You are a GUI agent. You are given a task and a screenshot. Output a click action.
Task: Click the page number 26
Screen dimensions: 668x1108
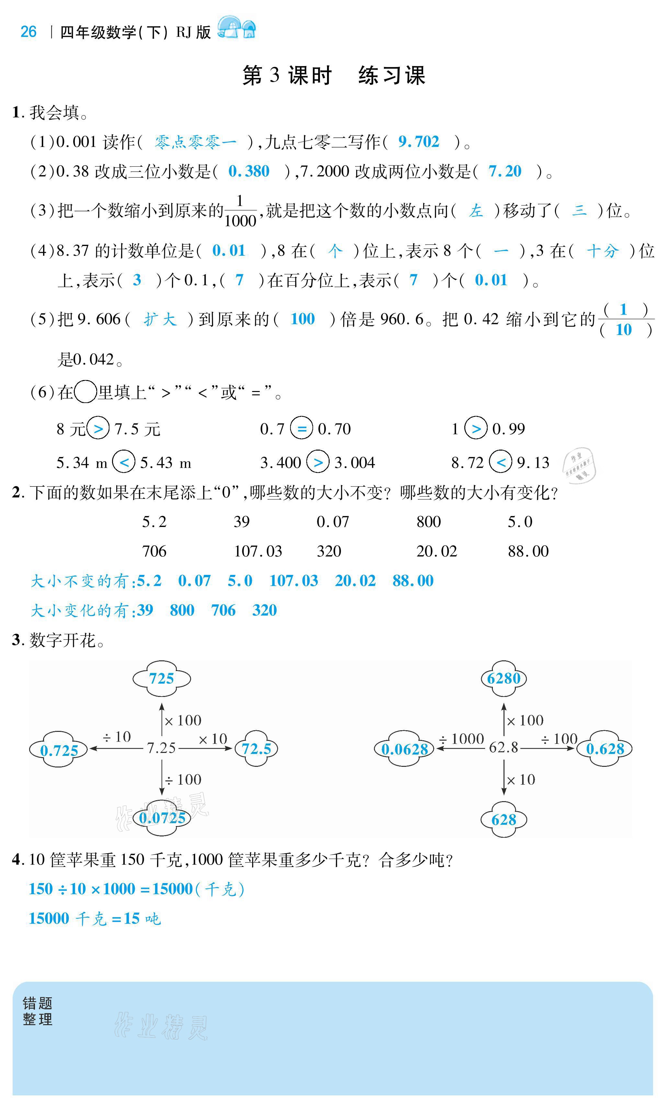pyautogui.click(x=28, y=32)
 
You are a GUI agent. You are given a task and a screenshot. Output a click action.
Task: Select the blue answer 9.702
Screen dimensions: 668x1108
pyautogui.click(x=418, y=142)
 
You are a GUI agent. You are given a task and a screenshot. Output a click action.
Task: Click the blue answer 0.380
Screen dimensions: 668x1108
pyautogui.click(x=249, y=171)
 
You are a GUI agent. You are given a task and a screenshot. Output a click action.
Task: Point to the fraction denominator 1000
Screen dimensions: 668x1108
pyautogui.click(x=240, y=221)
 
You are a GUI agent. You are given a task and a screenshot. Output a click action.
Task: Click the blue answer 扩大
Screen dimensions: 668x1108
pyautogui.click(x=160, y=319)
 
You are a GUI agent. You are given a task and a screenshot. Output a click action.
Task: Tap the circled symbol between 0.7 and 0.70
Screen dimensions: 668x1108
pyautogui.click(x=301, y=428)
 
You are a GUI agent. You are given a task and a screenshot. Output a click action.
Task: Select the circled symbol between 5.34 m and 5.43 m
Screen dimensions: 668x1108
pyautogui.click(x=124, y=462)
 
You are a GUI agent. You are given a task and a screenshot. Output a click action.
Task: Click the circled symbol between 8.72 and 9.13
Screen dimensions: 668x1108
pyautogui.click(x=501, y=462)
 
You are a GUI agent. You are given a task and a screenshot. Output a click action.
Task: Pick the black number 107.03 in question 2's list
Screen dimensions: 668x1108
pyautogui.click(x=258, y=551)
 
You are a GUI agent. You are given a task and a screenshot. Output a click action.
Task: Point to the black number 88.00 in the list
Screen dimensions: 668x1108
pyautogui.click(x=528, y=551)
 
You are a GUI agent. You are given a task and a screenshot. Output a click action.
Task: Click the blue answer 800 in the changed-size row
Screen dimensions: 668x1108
pyautogui.click(x=182, y=610)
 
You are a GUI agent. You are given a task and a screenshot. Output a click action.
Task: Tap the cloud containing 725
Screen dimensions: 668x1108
pyautogui.click(x=162, y=678)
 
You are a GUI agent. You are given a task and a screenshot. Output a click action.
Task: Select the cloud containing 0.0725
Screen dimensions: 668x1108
pyautogui.click(x=162, y=818)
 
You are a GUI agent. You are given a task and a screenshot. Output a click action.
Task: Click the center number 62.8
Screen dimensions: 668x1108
pyautogui.click(x=504, y=747)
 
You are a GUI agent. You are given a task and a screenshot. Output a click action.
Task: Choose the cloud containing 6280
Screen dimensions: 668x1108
pyautogui.click(x=504, y=678)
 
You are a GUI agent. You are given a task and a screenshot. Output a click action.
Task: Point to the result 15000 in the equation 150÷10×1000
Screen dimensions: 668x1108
pyautogui.click(x=172, y=889)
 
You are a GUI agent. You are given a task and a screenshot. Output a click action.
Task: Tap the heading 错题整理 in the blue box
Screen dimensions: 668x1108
pyautogui.click(x=38, y=1011)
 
